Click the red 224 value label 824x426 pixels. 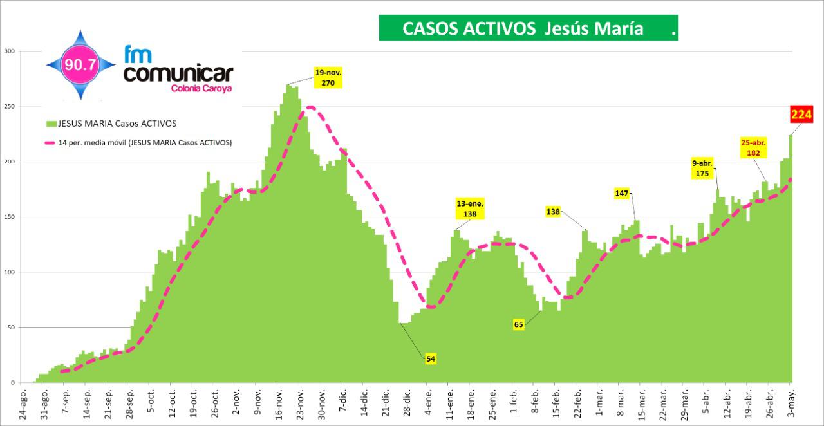tap(801, 115)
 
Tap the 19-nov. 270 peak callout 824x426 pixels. tap(328, 78)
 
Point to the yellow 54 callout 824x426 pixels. tap(431, 358)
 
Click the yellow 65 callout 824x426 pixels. tap(519, 324)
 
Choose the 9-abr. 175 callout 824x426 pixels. tap(702, 169)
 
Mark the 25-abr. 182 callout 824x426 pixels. tap(754, 148)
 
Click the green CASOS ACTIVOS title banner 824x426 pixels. tap(528, 28)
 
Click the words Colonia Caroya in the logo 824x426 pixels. tap(202, 88)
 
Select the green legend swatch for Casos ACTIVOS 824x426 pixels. tap(51, 124)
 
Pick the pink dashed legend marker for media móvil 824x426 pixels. tap(51, 143)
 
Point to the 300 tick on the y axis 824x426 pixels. tap(8, 51)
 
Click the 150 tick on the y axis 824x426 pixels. tap(8, 217)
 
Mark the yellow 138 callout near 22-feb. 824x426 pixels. tap(554, 211)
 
